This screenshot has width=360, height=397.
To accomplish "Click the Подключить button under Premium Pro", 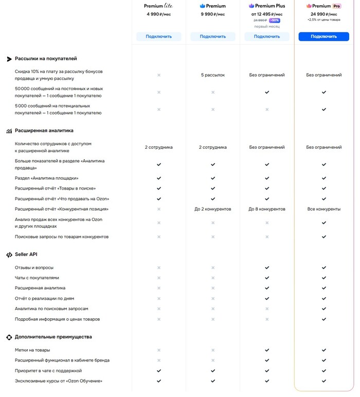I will click(323, 37).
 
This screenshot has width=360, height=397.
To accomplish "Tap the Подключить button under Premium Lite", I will click(158, 37).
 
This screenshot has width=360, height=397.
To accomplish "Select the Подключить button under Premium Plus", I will click(267, 37).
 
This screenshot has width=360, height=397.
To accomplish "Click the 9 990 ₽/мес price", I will click(212, 14).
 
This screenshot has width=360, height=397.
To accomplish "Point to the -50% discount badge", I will click(275, 20).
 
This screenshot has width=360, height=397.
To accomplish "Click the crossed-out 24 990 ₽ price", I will click(261, 20).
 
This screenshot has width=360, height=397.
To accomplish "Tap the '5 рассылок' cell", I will click(212, 75).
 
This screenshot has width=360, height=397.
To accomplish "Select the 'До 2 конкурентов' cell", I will click(212, 209).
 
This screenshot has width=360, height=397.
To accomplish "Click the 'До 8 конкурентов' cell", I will click(267, 209).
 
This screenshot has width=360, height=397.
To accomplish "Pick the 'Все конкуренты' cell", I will click(323, 209).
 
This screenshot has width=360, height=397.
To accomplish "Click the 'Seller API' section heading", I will click(26, 254).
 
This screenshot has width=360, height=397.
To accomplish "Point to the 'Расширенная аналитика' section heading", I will click(44, 131).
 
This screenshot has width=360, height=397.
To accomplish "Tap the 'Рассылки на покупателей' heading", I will click(46, 59).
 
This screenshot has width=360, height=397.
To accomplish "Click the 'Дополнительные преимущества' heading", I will click(53, 337).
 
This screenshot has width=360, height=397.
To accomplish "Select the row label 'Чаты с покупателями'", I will click(37, 278).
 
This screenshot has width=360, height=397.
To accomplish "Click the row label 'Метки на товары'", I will click(32, 350).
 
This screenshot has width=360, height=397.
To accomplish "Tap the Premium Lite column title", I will click(158, 6).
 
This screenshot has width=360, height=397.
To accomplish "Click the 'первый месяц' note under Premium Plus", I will click(267, 26).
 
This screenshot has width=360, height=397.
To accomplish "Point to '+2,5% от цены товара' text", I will click(323, 20).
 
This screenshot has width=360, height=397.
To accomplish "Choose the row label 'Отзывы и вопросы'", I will click(34, 268).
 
